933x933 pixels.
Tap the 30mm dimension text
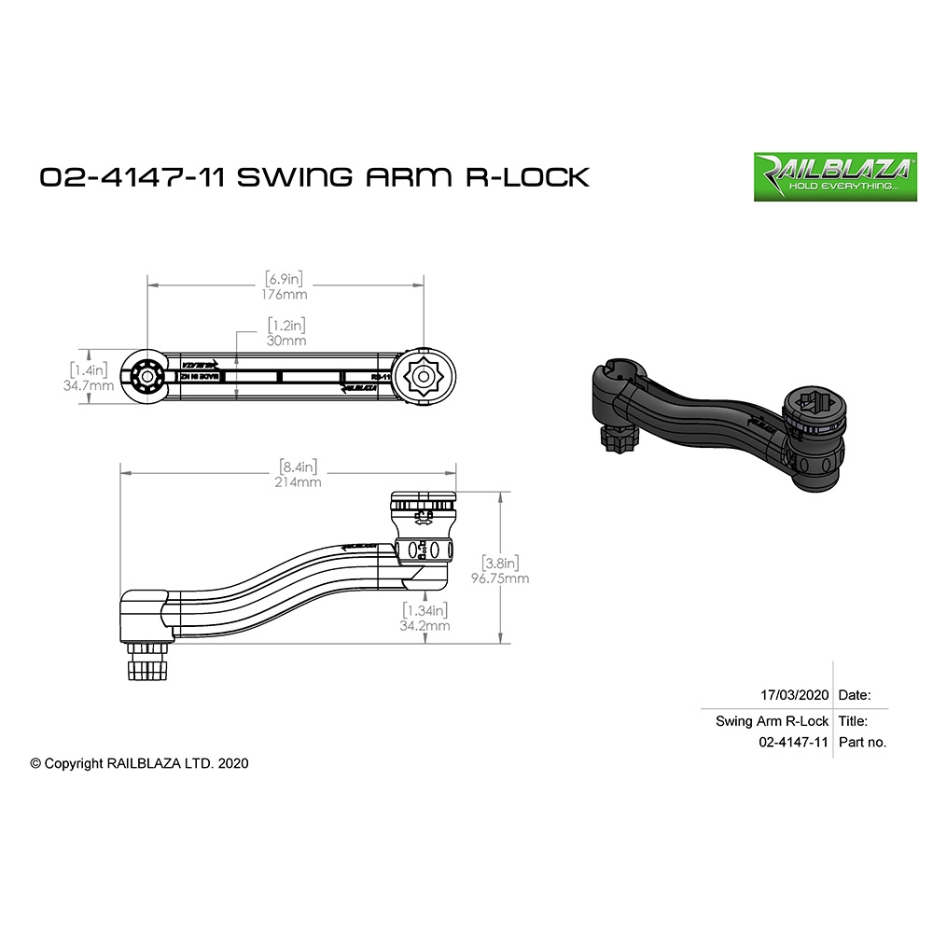pyautogui.click(x=286, y=341)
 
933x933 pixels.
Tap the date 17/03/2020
pyautogui.click(x=795, y=695)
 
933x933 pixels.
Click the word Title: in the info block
pyautogui.click(x=853, y=721)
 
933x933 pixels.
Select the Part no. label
pyautogui.click(x=862, y=743)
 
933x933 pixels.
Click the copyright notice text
pyautogui.click(x=139, y=762)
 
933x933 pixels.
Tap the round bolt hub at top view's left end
pyautogui.click(x=146, y=378)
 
